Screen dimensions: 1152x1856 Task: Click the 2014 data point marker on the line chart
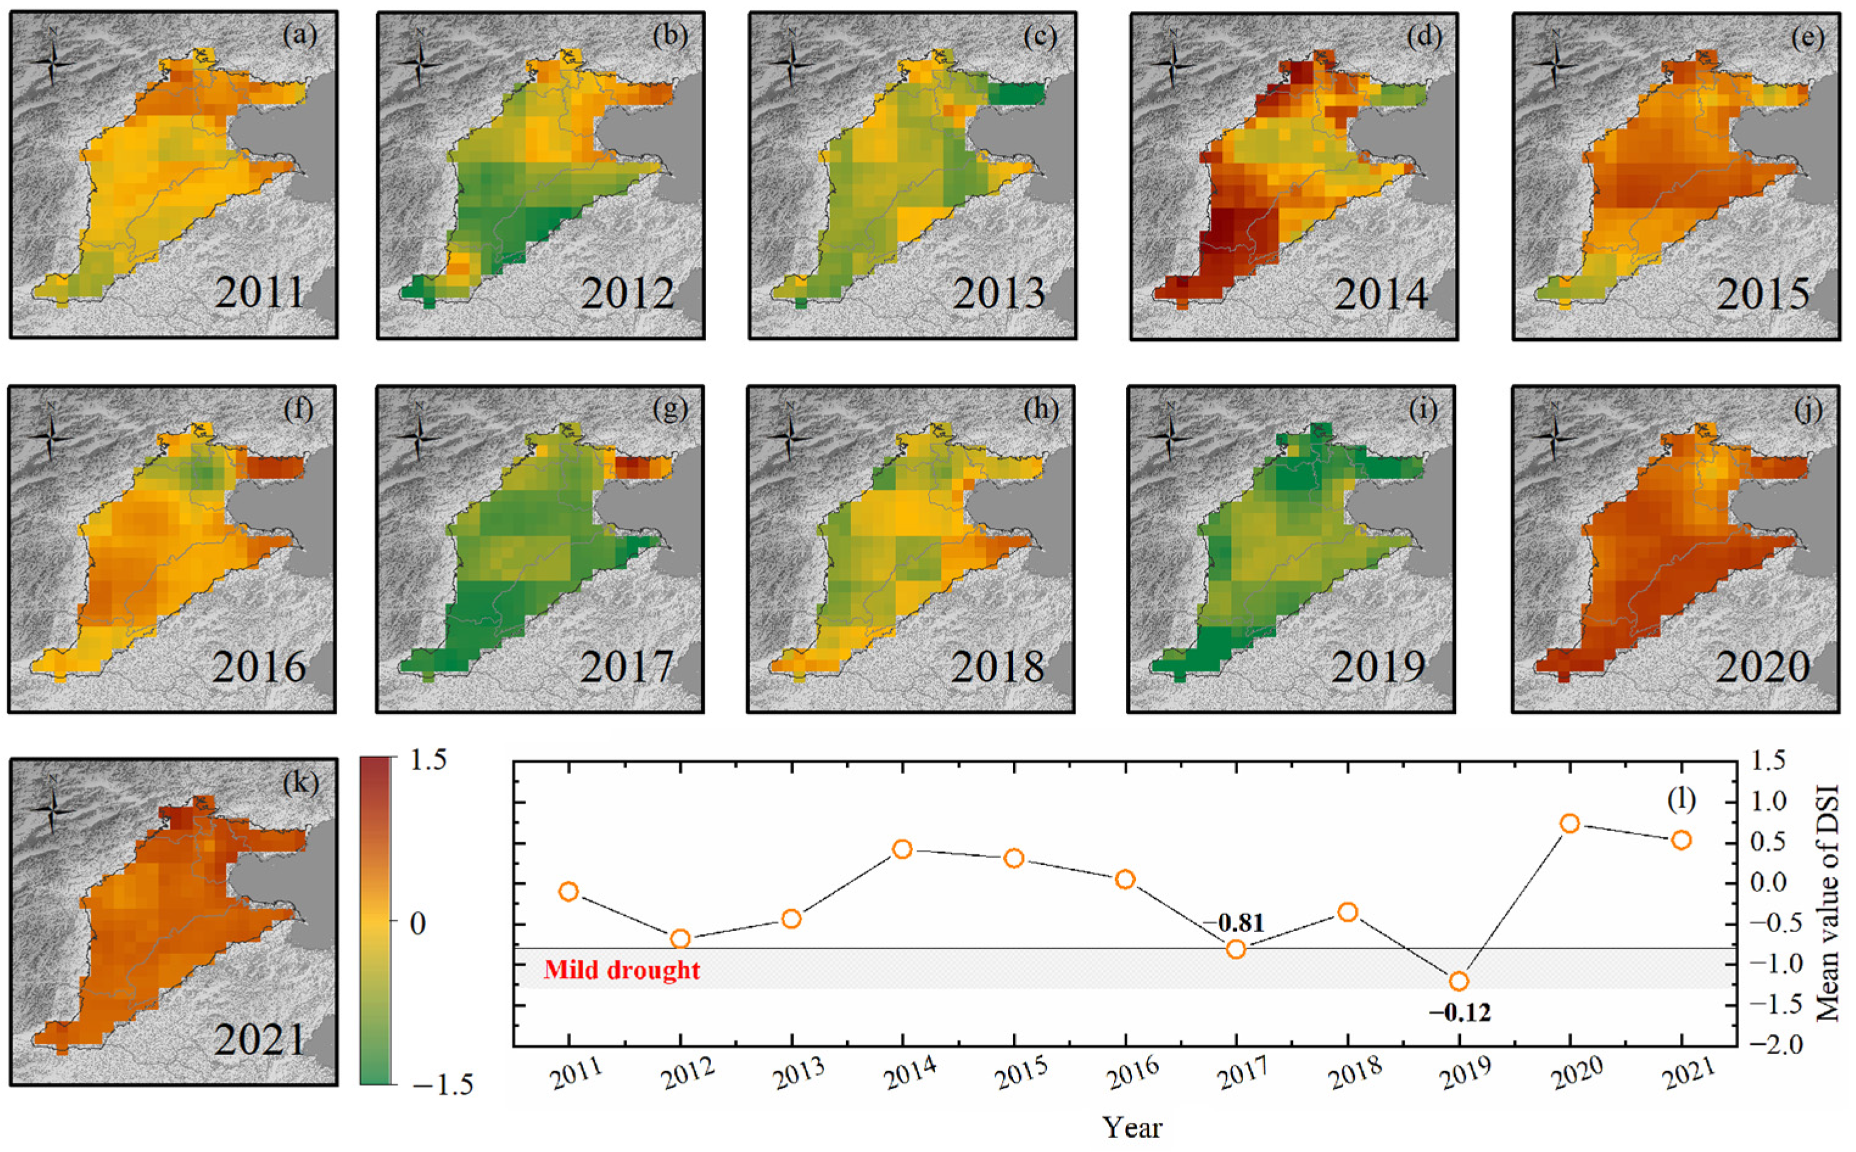902,849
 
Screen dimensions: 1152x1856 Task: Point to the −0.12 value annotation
1459,1013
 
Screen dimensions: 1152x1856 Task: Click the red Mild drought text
622,970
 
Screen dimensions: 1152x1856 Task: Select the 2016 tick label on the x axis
1133,1076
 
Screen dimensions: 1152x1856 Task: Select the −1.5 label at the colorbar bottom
443,1084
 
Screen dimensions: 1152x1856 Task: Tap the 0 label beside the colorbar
418,924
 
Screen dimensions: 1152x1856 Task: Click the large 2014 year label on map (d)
1380,294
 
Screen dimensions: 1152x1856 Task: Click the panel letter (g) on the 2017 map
670,409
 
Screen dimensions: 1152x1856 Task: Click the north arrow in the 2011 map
52,61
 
